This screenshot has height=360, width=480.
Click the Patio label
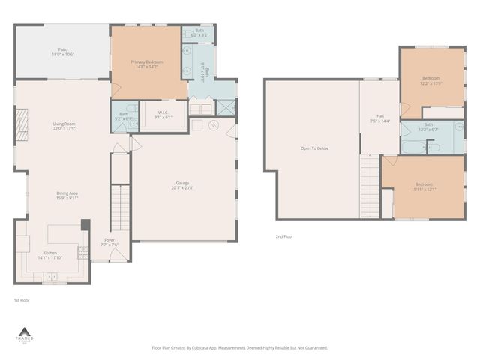pos(63,52)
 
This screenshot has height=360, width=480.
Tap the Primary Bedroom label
pos(147,64)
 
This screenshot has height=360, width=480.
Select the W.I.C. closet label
pos(163,116)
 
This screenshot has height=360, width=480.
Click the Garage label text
pos(182,186)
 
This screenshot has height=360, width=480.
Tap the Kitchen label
pos(50,254)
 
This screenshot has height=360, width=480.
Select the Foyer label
pos(109,243)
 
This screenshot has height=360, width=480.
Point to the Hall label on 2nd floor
pos(380,118)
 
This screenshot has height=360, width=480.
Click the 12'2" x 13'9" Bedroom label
pos(431,79)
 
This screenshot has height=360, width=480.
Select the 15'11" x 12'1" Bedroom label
pos(424,186)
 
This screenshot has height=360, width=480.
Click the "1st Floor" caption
pos(22,299)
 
